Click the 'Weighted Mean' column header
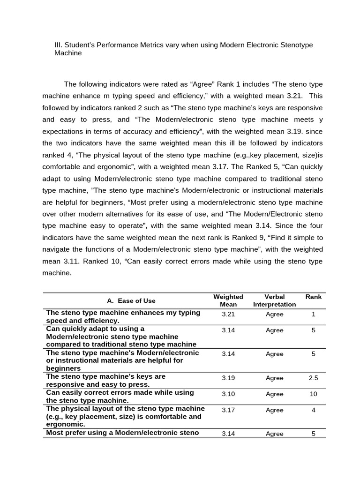(x=228, y=300)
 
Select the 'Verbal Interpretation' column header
(x=274, y=300)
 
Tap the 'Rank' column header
(x=314, y=297)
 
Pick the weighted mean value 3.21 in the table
(x=228, y=314)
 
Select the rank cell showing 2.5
(x=314, y=378)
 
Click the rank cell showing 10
(x=314, y=394)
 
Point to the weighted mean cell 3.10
(x=228, y=394)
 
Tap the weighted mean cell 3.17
(x=228, y=410)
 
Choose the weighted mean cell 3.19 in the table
(x=228, y=378)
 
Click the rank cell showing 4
(x=314, y=410)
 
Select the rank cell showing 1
(x=314, y=314)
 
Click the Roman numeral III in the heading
(x=59, y=45)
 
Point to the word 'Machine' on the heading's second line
(x=68, y=53)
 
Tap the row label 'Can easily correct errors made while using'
(x=120, y=392)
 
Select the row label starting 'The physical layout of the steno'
(x=125, y=408)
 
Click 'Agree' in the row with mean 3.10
(x=274, y=394)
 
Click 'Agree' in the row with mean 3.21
(x=274, y=314)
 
